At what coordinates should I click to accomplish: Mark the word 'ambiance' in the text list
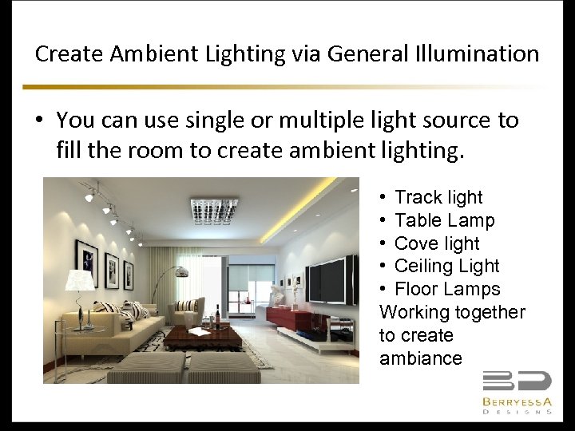(421, 358)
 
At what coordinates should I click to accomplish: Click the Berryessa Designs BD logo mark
(517, 382)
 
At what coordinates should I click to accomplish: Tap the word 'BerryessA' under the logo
(517, 401)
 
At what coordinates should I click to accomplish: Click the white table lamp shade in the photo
(79, 280)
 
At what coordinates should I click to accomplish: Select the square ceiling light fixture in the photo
(215, 211)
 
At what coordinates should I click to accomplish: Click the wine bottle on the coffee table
(216, 318)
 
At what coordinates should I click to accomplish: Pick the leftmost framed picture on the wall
(86, 263)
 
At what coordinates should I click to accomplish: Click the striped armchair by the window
(188, 310)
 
